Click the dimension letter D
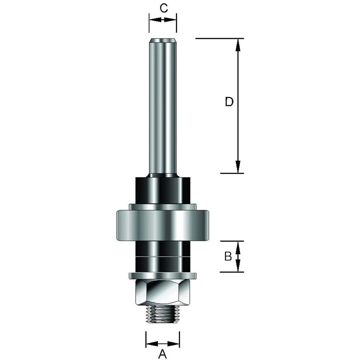[x=229, y=102]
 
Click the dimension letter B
[x=228, y=256]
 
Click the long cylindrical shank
[x=163, y=108]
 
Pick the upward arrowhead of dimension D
[x=238, y=45]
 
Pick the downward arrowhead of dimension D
[x=238, y=166]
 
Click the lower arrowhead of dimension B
[x=238, y=267]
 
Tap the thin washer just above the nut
[x=163, y=276]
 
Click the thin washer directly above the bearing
[x=163, y=207]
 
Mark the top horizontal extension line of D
[x=220, y=38]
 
